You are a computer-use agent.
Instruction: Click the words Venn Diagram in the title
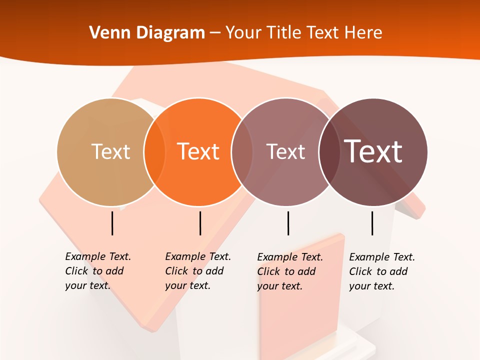click(147, 33)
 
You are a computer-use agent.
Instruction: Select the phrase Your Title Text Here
click(303, 33)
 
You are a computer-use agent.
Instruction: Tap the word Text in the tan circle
click(110, 151)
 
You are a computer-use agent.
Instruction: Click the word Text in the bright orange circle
click(198, 151)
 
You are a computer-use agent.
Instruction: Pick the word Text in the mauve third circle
click(285, 151)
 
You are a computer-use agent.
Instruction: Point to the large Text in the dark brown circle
click(373, 151)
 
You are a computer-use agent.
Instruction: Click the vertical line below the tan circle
click(112, 223)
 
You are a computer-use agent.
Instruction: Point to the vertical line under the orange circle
click(200, 223)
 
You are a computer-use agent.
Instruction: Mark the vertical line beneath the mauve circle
click(288, 223)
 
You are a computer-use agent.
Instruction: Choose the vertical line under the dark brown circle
click(372, 223)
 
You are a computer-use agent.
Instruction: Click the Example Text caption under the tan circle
click(97, 271)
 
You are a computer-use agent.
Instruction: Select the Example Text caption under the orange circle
click(197, 271)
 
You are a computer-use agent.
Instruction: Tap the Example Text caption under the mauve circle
click(289, 271)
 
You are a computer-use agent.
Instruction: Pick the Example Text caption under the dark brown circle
click(381, 271)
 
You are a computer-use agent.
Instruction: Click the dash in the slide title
click(215, 33)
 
